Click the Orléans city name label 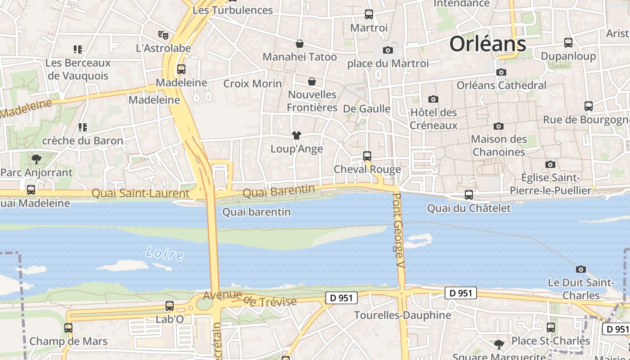coord(488,44)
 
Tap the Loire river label coord(165,253)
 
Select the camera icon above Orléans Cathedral coord(501,72)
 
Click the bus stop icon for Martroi coord(369,14)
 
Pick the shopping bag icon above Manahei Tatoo coord(299,44)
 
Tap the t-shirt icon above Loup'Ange coord(296,135)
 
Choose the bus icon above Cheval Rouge coord(367,156)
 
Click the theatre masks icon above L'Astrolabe coord(163,34)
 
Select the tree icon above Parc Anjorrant coord(36,159)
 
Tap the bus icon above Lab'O coord(170,306)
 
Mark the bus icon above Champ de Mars coord(68,328)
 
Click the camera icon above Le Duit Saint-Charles coord(581,269)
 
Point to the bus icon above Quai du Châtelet coord(469,195)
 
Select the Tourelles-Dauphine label coord(402,315)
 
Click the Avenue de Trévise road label coord(250,299)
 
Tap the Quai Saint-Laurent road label coord(140,193)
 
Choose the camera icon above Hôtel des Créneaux coord(433,99)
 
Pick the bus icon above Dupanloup coord(568,43)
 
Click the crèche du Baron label coord(82,141)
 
